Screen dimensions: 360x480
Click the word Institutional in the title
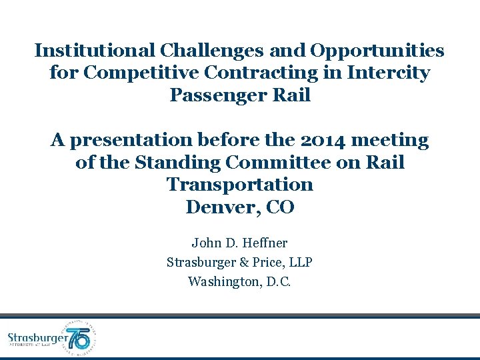point(95,51)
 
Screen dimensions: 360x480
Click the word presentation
point(144,140)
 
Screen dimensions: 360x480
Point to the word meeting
point(393,140)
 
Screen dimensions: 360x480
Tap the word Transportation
point(239,185)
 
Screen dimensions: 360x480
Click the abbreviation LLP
point(300,263)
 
